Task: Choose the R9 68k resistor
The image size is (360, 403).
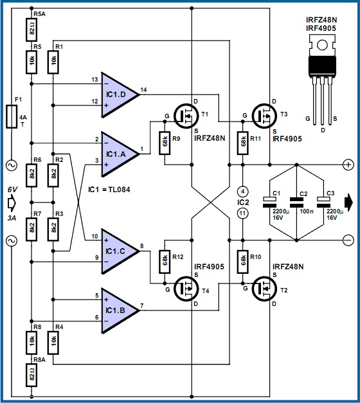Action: point(165,141)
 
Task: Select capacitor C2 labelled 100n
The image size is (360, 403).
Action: point(296,202)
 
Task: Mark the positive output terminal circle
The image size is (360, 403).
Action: point(347,165)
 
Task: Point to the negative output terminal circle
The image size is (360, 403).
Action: point(347,240)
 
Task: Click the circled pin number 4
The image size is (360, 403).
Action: point(242,190)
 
